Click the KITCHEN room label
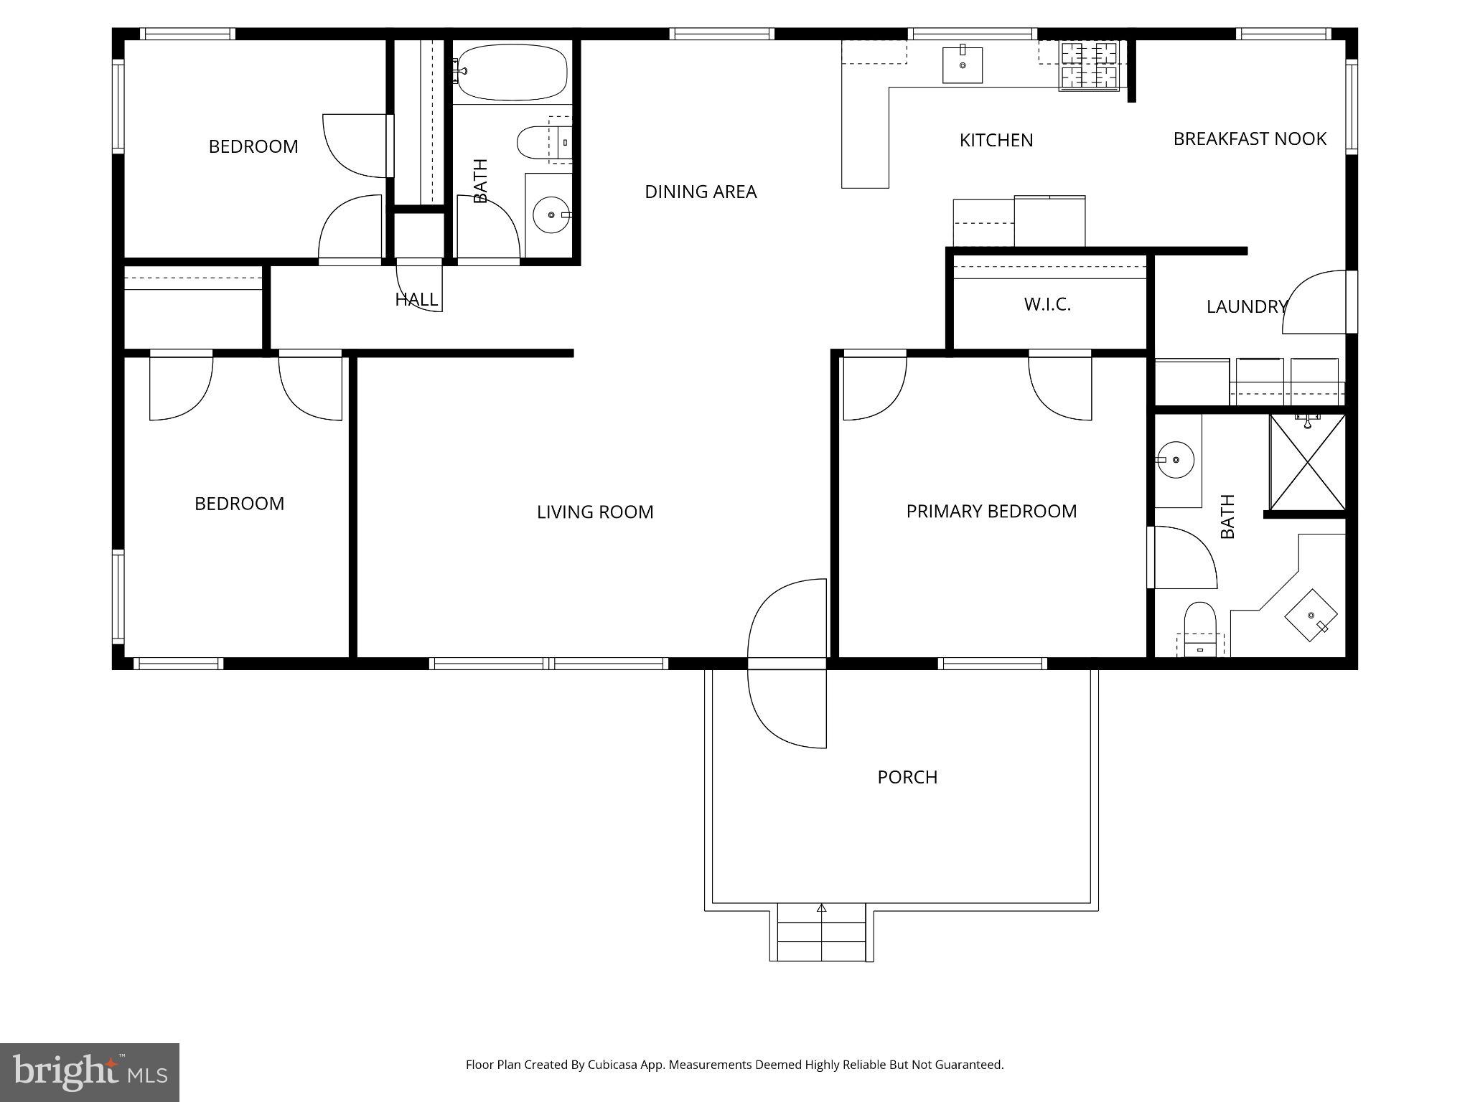pyautogui.click(x=996, y=140)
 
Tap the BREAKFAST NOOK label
pyautogui.click(x=1249, y=138)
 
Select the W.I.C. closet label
pyautogui.click(x=1047, y=304)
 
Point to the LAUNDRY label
pyautogui.click(x=1246, y=306)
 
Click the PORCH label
pyautogui.click(x=907, y=777)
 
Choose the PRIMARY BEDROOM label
pyautogui.click(x=991, y=511)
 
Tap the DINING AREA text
pyautogui.click(x=700, y=192)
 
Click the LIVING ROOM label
pyautogui.click(x=594, y=512)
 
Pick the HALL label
pyautogui.click(x=416, y=299)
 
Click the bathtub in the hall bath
pyautogui.click(x=512, y=72)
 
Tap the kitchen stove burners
pyautogui.click(x=1089, y=65)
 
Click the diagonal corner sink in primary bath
pyautogui.click(x=1311, y=616)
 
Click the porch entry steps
pyautogui.click(x=821, y=933)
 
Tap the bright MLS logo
pyautogui.click(x=89, y=1073)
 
